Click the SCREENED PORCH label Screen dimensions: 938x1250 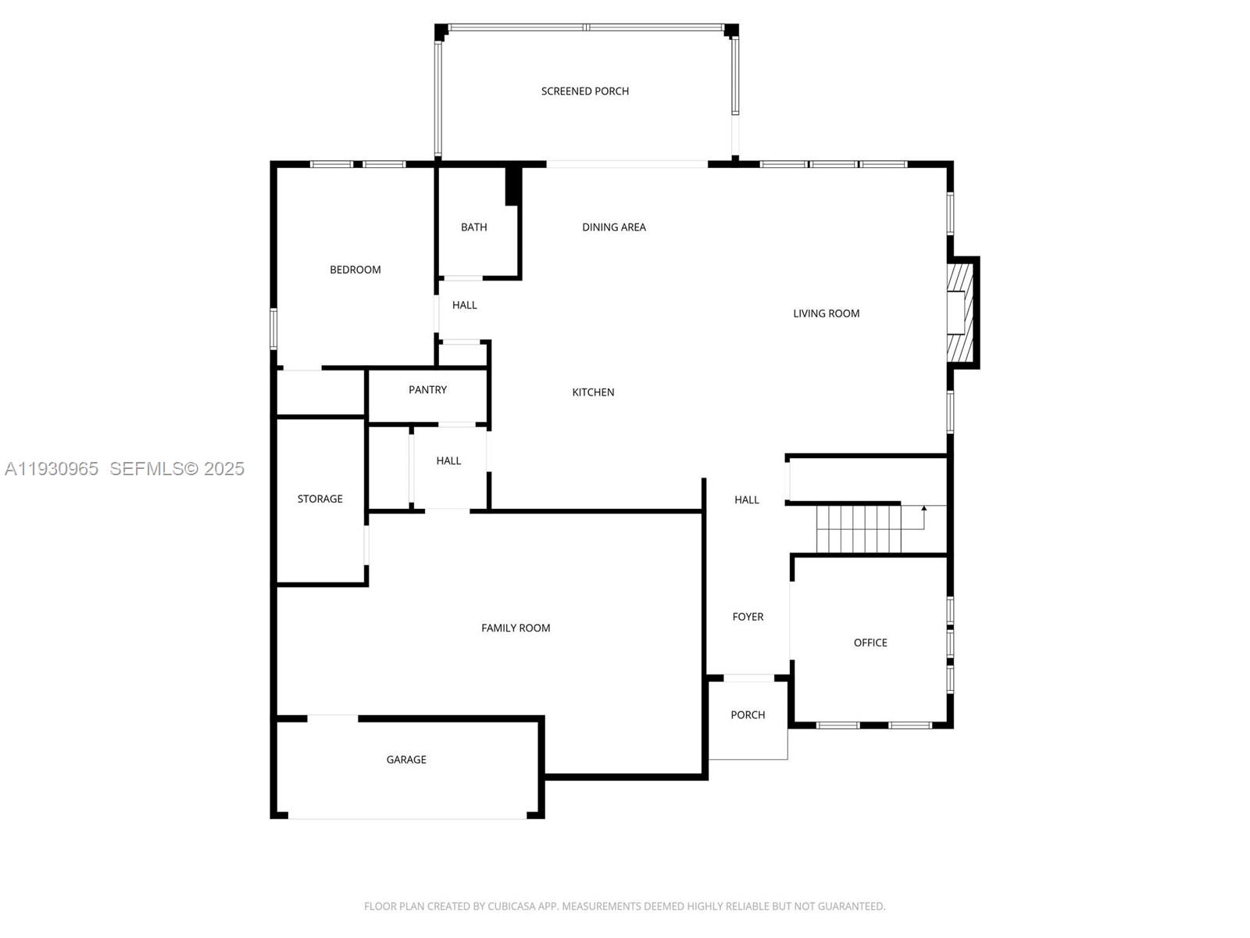point(584,91)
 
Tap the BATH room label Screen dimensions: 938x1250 point(473,227)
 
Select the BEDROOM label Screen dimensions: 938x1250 point(355,270)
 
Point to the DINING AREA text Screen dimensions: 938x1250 point(613,227)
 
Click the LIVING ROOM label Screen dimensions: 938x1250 point(826,313)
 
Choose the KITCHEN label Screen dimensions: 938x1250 point(593,392)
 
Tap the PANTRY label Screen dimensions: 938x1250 point(427,390)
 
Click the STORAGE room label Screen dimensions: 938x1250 point(320,499)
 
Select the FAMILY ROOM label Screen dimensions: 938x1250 point(515,628)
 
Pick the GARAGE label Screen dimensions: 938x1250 point(405,760)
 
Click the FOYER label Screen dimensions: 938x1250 point(748,617)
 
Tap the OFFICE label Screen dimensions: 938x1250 point(870,643)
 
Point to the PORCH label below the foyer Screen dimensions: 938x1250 point(748,715)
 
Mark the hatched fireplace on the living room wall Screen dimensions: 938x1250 point(960,312)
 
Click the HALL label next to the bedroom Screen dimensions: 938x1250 point(464,306)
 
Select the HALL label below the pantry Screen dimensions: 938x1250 point(448,461)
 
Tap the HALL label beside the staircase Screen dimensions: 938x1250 point(746,500)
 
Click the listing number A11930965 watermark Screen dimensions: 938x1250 point(52,468)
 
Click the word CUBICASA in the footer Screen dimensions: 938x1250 point(511,907)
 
